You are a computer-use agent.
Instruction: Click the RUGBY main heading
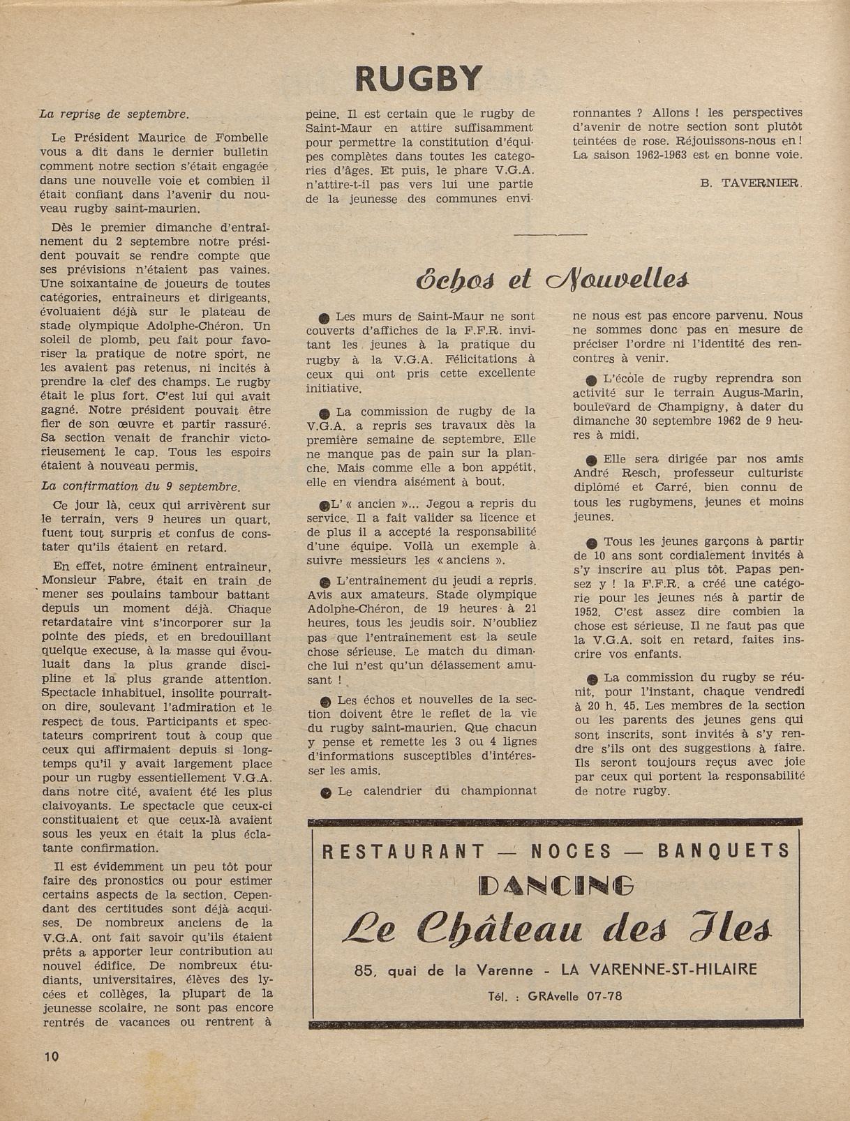click(419, 78)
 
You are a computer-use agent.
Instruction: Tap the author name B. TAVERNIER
click(750, 183)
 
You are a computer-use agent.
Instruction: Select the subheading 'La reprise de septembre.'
click(114, 114)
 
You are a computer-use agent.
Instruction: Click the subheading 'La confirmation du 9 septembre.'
click(140, 487)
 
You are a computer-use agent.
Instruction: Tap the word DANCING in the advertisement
click(556, 885)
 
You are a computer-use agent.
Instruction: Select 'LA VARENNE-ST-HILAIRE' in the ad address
click(673, 970)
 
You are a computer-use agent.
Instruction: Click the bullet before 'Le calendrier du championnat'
click(325, 793)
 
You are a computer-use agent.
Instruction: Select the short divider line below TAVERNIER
click(550, 235)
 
